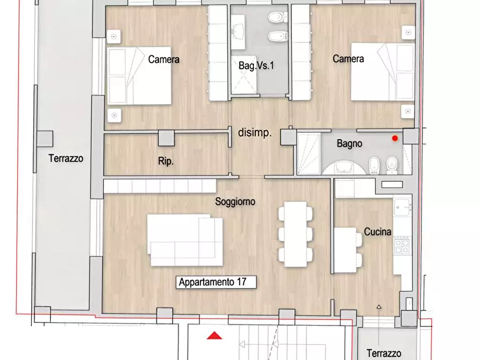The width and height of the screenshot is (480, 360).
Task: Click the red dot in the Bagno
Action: coord(395,139)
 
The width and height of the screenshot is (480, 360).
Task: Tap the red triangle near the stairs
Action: coord(214,336)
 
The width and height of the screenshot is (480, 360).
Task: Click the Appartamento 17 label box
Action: coord(216,282)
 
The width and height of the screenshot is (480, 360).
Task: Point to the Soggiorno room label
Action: coord(235,201)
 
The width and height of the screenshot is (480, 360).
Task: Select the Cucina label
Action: coord(377,232)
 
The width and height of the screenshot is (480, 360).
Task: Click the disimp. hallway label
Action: coord(255,133)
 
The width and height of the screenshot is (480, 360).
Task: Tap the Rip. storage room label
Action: coord(166,161)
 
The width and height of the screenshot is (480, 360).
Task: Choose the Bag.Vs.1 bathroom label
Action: coord(256,66)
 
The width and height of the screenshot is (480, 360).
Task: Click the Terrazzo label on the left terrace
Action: coord(66,159)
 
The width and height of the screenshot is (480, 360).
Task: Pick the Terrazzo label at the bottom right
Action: coord(384,353)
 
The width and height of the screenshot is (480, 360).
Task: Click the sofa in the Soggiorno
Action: coord(185,240)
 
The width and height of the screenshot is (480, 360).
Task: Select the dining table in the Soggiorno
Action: coord(296,234)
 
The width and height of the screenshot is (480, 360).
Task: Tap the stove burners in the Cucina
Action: coord(402,246)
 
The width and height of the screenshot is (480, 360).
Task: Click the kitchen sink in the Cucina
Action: coord(402,207)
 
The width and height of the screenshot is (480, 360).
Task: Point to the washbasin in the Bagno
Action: coord(343,168)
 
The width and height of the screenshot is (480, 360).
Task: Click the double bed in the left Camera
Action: coord(139,76)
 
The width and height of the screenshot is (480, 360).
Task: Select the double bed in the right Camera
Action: coord(383,71)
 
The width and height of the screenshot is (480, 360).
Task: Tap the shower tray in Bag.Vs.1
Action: coord(244,75)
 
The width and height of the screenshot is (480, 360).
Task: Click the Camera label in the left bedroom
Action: coord(164,59)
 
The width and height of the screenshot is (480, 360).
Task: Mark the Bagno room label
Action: coord(349,143)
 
